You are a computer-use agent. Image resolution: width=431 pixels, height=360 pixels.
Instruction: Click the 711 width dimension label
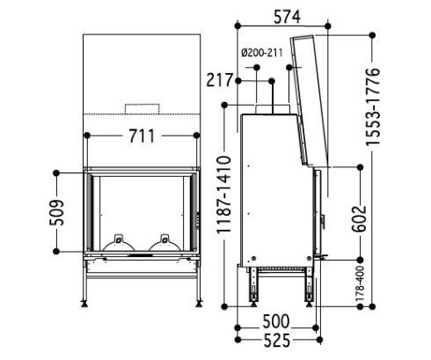[x=142, y=136]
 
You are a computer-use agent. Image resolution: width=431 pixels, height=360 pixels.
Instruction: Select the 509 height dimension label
[x=56, y=212]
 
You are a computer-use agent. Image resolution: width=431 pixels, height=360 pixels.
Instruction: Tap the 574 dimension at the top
[x=287, y=17]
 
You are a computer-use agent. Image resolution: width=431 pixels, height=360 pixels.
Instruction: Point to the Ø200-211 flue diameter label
[x=262, y=53]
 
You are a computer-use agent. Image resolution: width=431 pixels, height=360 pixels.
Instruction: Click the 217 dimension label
[x=219, y=80]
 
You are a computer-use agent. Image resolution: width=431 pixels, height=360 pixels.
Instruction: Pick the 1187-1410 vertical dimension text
[x=224, y=195]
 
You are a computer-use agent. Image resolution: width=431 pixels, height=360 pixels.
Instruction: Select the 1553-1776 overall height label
[x=373, y=107]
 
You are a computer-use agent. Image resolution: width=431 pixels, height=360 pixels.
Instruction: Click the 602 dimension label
[x=359, y=219]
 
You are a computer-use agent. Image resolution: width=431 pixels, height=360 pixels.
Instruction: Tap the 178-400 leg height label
[x=360, y=283]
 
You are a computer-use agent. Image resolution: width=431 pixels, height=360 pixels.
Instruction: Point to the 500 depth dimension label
[x=276, y=321]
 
